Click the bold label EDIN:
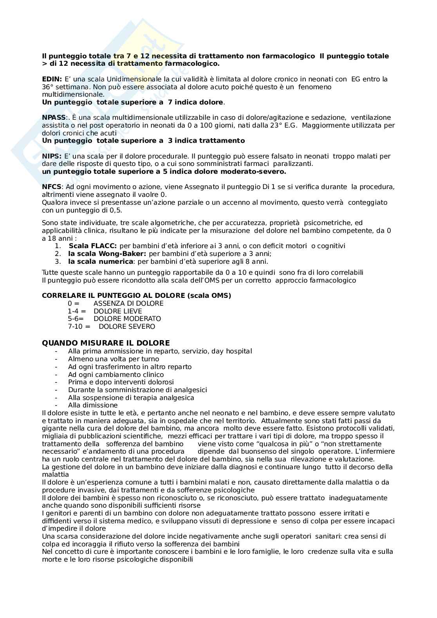pos(52,79)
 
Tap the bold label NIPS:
pos(52,156)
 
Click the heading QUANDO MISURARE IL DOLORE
pos(106,343)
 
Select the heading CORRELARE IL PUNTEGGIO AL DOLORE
pos(136,295)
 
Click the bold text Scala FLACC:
pos(92,246)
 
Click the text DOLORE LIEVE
pos(117,311)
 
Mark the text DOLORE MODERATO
pos(127,319)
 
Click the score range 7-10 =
pos(79,326)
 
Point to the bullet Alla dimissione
pos(93,405)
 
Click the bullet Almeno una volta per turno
pos(114,359)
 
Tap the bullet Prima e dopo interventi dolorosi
pos(121,382)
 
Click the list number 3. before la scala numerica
pos(58,261)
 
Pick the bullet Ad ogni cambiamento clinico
pos(116,375)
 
